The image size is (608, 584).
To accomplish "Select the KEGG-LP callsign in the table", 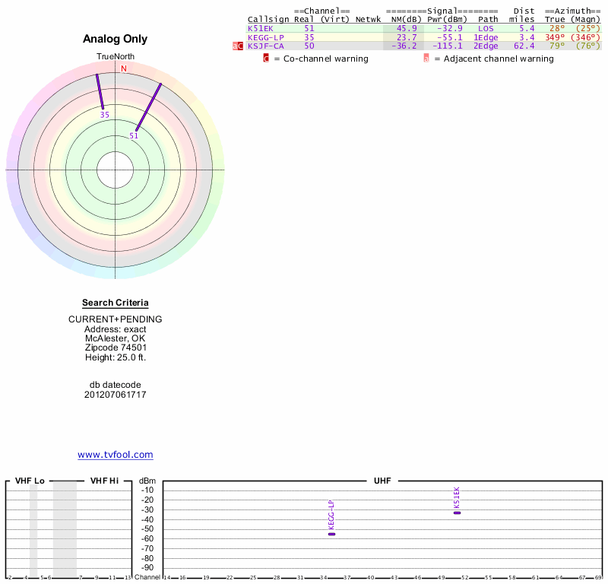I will click(265, 37).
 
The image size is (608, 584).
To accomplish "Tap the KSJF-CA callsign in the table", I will click(265, 46).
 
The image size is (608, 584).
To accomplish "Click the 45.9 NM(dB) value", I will click(407, 28).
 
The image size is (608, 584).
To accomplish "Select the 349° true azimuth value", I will click(555, 37).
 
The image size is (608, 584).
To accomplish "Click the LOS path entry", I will click(486, 28).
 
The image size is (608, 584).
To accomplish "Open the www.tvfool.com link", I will click(116, 455).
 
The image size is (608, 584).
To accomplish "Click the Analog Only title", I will click(116, 39).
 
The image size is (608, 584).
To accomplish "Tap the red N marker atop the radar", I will click(123, 68).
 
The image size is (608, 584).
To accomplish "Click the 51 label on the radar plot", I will click(134, 136).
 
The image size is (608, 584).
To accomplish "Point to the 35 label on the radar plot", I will click(104, 115).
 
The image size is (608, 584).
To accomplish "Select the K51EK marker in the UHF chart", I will click(457, 513).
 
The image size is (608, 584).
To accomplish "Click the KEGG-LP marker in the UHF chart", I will click(331, 534).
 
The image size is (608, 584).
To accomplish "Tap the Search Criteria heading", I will click(116, 303).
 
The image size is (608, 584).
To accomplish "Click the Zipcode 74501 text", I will click(116, 348).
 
